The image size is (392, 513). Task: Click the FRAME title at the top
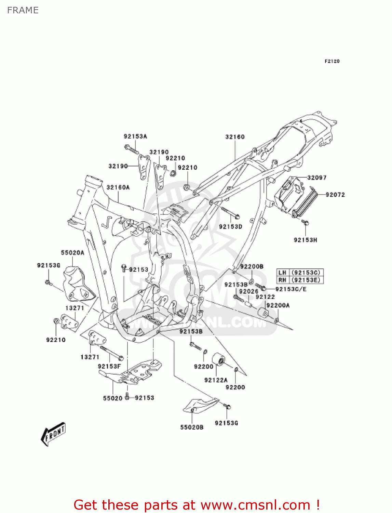point(23,10)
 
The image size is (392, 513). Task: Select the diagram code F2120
point(332,61)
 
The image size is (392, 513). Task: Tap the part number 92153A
point(135,136)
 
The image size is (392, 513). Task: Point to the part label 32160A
point(118,187)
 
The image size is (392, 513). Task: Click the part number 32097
point(317,177)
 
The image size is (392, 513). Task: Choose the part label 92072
point(335,195)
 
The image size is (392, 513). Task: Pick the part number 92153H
point(305,240)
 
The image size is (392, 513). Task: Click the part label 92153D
point(230,227)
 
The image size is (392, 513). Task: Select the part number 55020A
point(72,253)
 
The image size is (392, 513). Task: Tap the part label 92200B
point(252,266)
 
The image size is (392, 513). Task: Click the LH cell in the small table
point(282,273)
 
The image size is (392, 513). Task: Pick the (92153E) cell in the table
point(306,280)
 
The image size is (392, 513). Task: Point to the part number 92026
point(249,291)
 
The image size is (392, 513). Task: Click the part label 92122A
point(216,380)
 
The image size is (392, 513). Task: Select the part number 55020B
point(192,427)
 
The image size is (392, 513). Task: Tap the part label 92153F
point(109,366)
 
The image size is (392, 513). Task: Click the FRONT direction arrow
point(53,434)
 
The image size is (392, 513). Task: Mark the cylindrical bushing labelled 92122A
point(218,360)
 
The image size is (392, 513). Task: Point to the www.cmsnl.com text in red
point(255,505)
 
